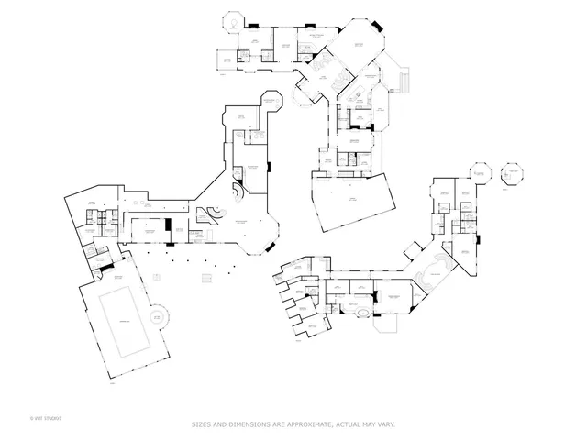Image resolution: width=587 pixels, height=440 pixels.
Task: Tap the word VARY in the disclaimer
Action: tap(385, 424)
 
